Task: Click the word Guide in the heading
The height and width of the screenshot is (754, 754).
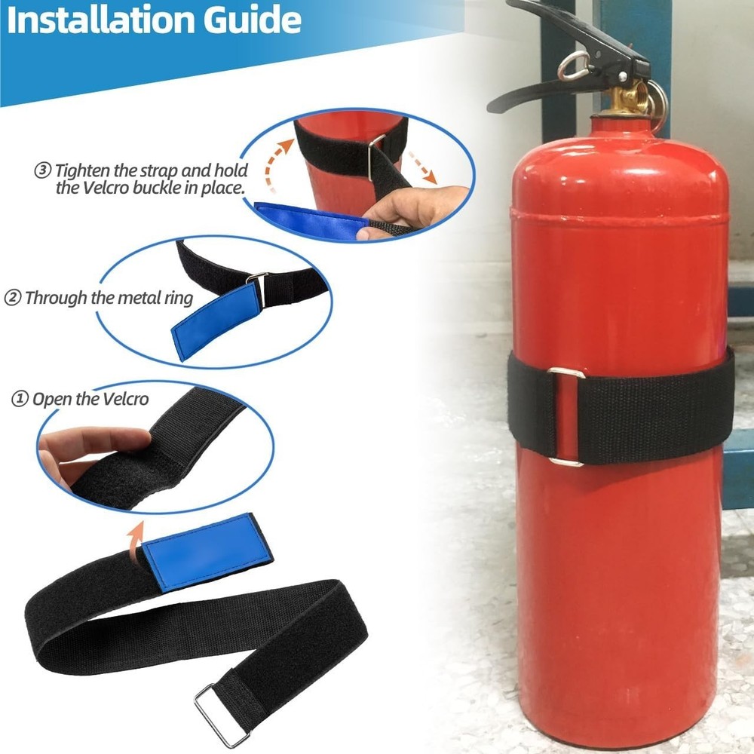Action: [x=252, y=20]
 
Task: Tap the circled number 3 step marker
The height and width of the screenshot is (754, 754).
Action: [x=42, y=170]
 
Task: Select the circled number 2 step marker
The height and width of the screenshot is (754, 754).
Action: [x=13, y=298]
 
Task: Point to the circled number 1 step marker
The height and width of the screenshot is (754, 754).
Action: [x=20, y=399]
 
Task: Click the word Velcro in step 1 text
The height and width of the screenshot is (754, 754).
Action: [x=125, y=399]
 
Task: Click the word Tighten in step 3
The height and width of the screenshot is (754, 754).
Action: [x=84, y=170]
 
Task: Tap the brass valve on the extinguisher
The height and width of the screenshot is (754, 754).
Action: [x=626, y=99]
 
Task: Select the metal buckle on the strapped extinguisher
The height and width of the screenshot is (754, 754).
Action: [x=566, y=418]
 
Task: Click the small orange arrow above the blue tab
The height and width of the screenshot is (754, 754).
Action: [x=136, y=541]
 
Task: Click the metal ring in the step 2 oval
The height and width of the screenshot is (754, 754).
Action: [x=259, y=289]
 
